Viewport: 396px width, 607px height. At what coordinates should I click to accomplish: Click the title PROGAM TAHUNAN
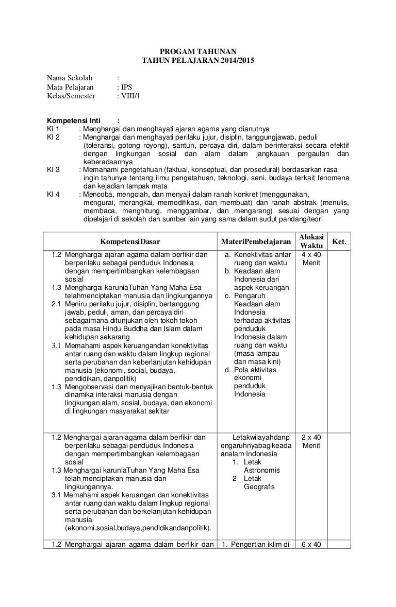point(198,51)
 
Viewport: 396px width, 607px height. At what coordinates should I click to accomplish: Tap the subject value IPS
point(126,87)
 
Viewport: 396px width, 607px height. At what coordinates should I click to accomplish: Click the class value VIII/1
point(129,96)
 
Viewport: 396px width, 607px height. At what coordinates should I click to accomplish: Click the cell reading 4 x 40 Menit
point(311,258)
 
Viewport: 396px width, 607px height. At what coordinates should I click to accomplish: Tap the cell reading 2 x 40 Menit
point(311,441)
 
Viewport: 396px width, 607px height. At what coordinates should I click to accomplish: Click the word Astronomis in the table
point(262,470)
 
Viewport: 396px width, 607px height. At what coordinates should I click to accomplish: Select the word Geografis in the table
point(259,487)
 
